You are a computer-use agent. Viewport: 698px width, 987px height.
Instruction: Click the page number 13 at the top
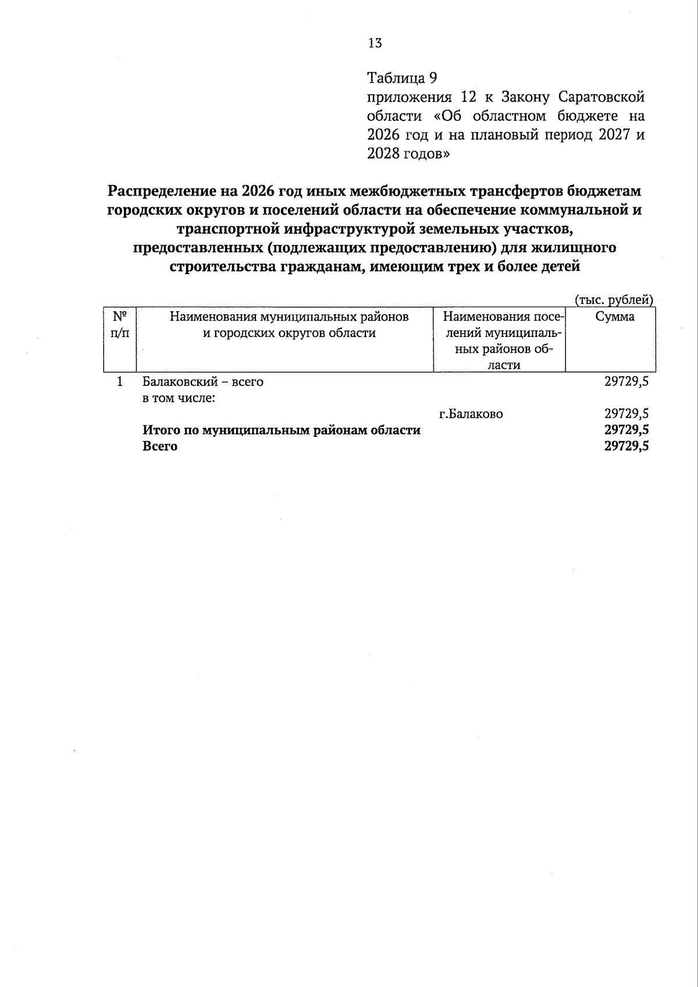pos(375,42)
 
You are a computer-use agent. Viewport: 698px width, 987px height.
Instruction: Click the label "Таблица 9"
pos(401,77)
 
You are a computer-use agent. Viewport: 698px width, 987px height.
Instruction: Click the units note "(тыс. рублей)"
pos(614,300)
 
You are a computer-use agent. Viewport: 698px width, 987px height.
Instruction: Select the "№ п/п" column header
pos(120,325)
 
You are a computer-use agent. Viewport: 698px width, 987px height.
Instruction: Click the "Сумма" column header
pos(615,317)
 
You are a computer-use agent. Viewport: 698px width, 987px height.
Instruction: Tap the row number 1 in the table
pos(120,382)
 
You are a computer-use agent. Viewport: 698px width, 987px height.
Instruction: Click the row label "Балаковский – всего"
pos(203,382)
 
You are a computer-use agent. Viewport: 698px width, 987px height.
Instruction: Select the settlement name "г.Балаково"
pos(471,414)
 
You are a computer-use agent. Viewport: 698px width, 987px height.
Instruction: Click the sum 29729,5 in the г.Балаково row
pos(626,414)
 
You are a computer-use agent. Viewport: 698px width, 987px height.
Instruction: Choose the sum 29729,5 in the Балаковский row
pos(626,382)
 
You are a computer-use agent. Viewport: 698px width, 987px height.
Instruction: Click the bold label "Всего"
pos(160,447)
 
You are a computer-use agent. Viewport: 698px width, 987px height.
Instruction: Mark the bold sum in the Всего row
pos(626,447)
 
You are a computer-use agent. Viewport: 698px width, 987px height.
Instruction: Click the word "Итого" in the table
pos(161,431)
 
